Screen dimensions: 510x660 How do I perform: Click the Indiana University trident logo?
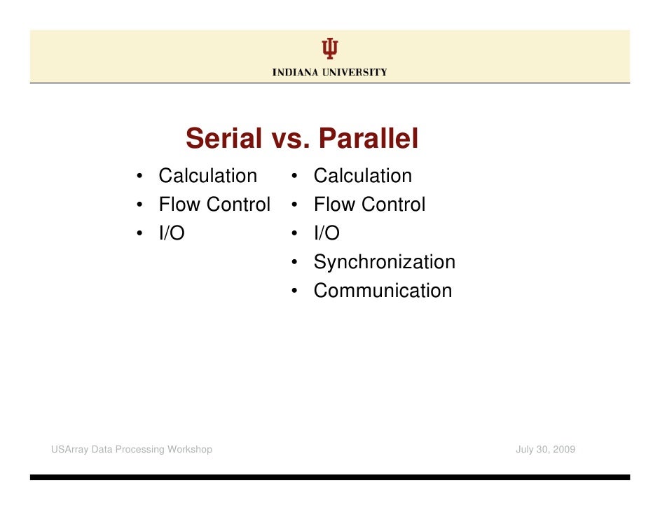(330, 48)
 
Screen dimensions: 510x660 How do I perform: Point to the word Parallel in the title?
(368, 139)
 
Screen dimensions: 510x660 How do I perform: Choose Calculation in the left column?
(207, 176)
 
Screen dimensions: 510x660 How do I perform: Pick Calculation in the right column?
(362, 176)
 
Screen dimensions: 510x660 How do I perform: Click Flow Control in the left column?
(214, 205)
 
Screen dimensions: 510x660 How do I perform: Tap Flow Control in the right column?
(369, 205)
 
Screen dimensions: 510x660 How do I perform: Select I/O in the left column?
(172, 233)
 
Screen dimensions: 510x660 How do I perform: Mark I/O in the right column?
(326, 233)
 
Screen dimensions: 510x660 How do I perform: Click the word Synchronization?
(384, 262)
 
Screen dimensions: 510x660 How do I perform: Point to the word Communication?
(383, 291)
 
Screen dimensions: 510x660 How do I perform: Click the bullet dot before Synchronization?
(296, 263)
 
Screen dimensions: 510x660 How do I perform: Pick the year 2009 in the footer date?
(563, 449)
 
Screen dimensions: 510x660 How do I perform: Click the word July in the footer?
(525, 449)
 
